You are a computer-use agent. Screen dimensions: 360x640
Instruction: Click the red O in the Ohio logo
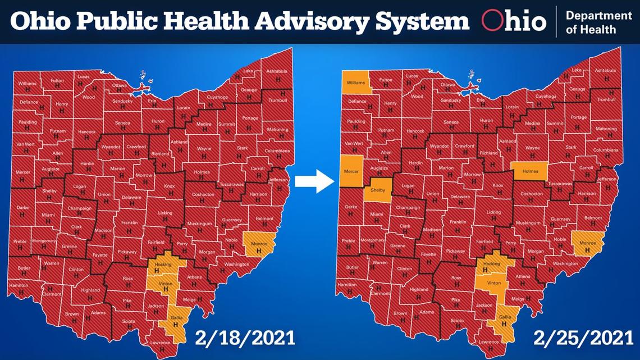(x=492, y=21)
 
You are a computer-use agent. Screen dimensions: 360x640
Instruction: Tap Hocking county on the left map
(x=160, y=266)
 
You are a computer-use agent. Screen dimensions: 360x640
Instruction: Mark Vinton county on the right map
(x=494, y=284)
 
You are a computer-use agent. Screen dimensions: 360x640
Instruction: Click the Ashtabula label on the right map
(x=605, y=71)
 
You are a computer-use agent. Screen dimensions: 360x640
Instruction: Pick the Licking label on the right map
(x=493, y=212)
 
